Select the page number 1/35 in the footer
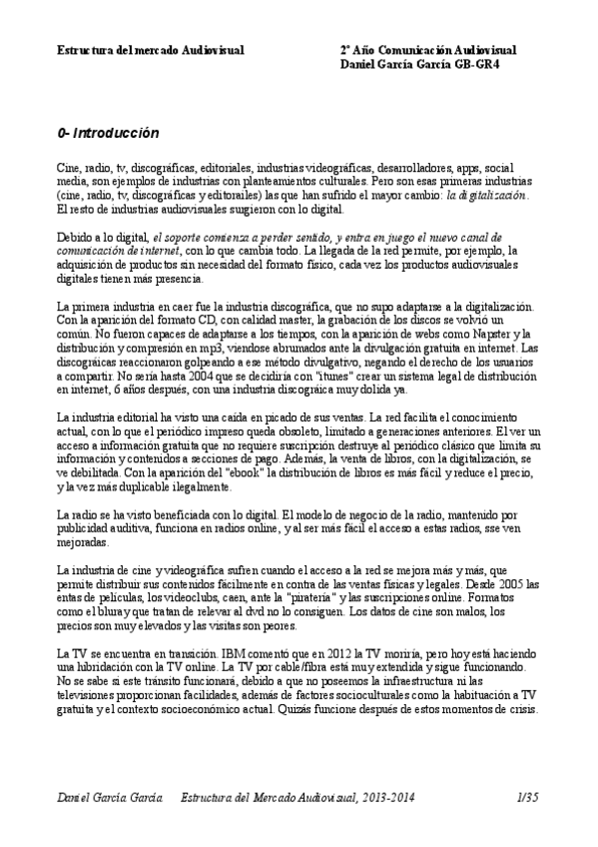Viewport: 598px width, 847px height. [527, 796]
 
